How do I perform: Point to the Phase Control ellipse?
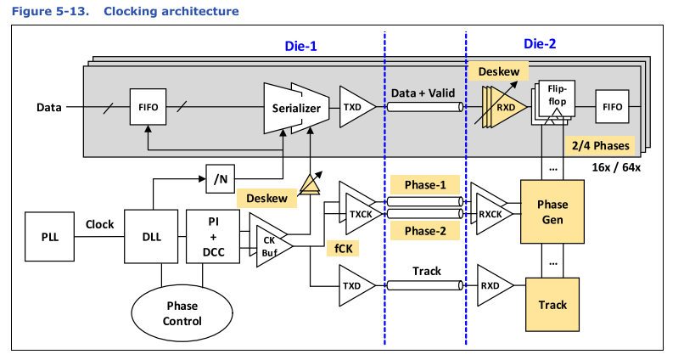(x=182, y=313)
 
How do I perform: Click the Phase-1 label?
(x=423, y=183)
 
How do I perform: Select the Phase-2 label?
(x=423, y=230)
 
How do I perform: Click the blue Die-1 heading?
(x=300, y=48)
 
